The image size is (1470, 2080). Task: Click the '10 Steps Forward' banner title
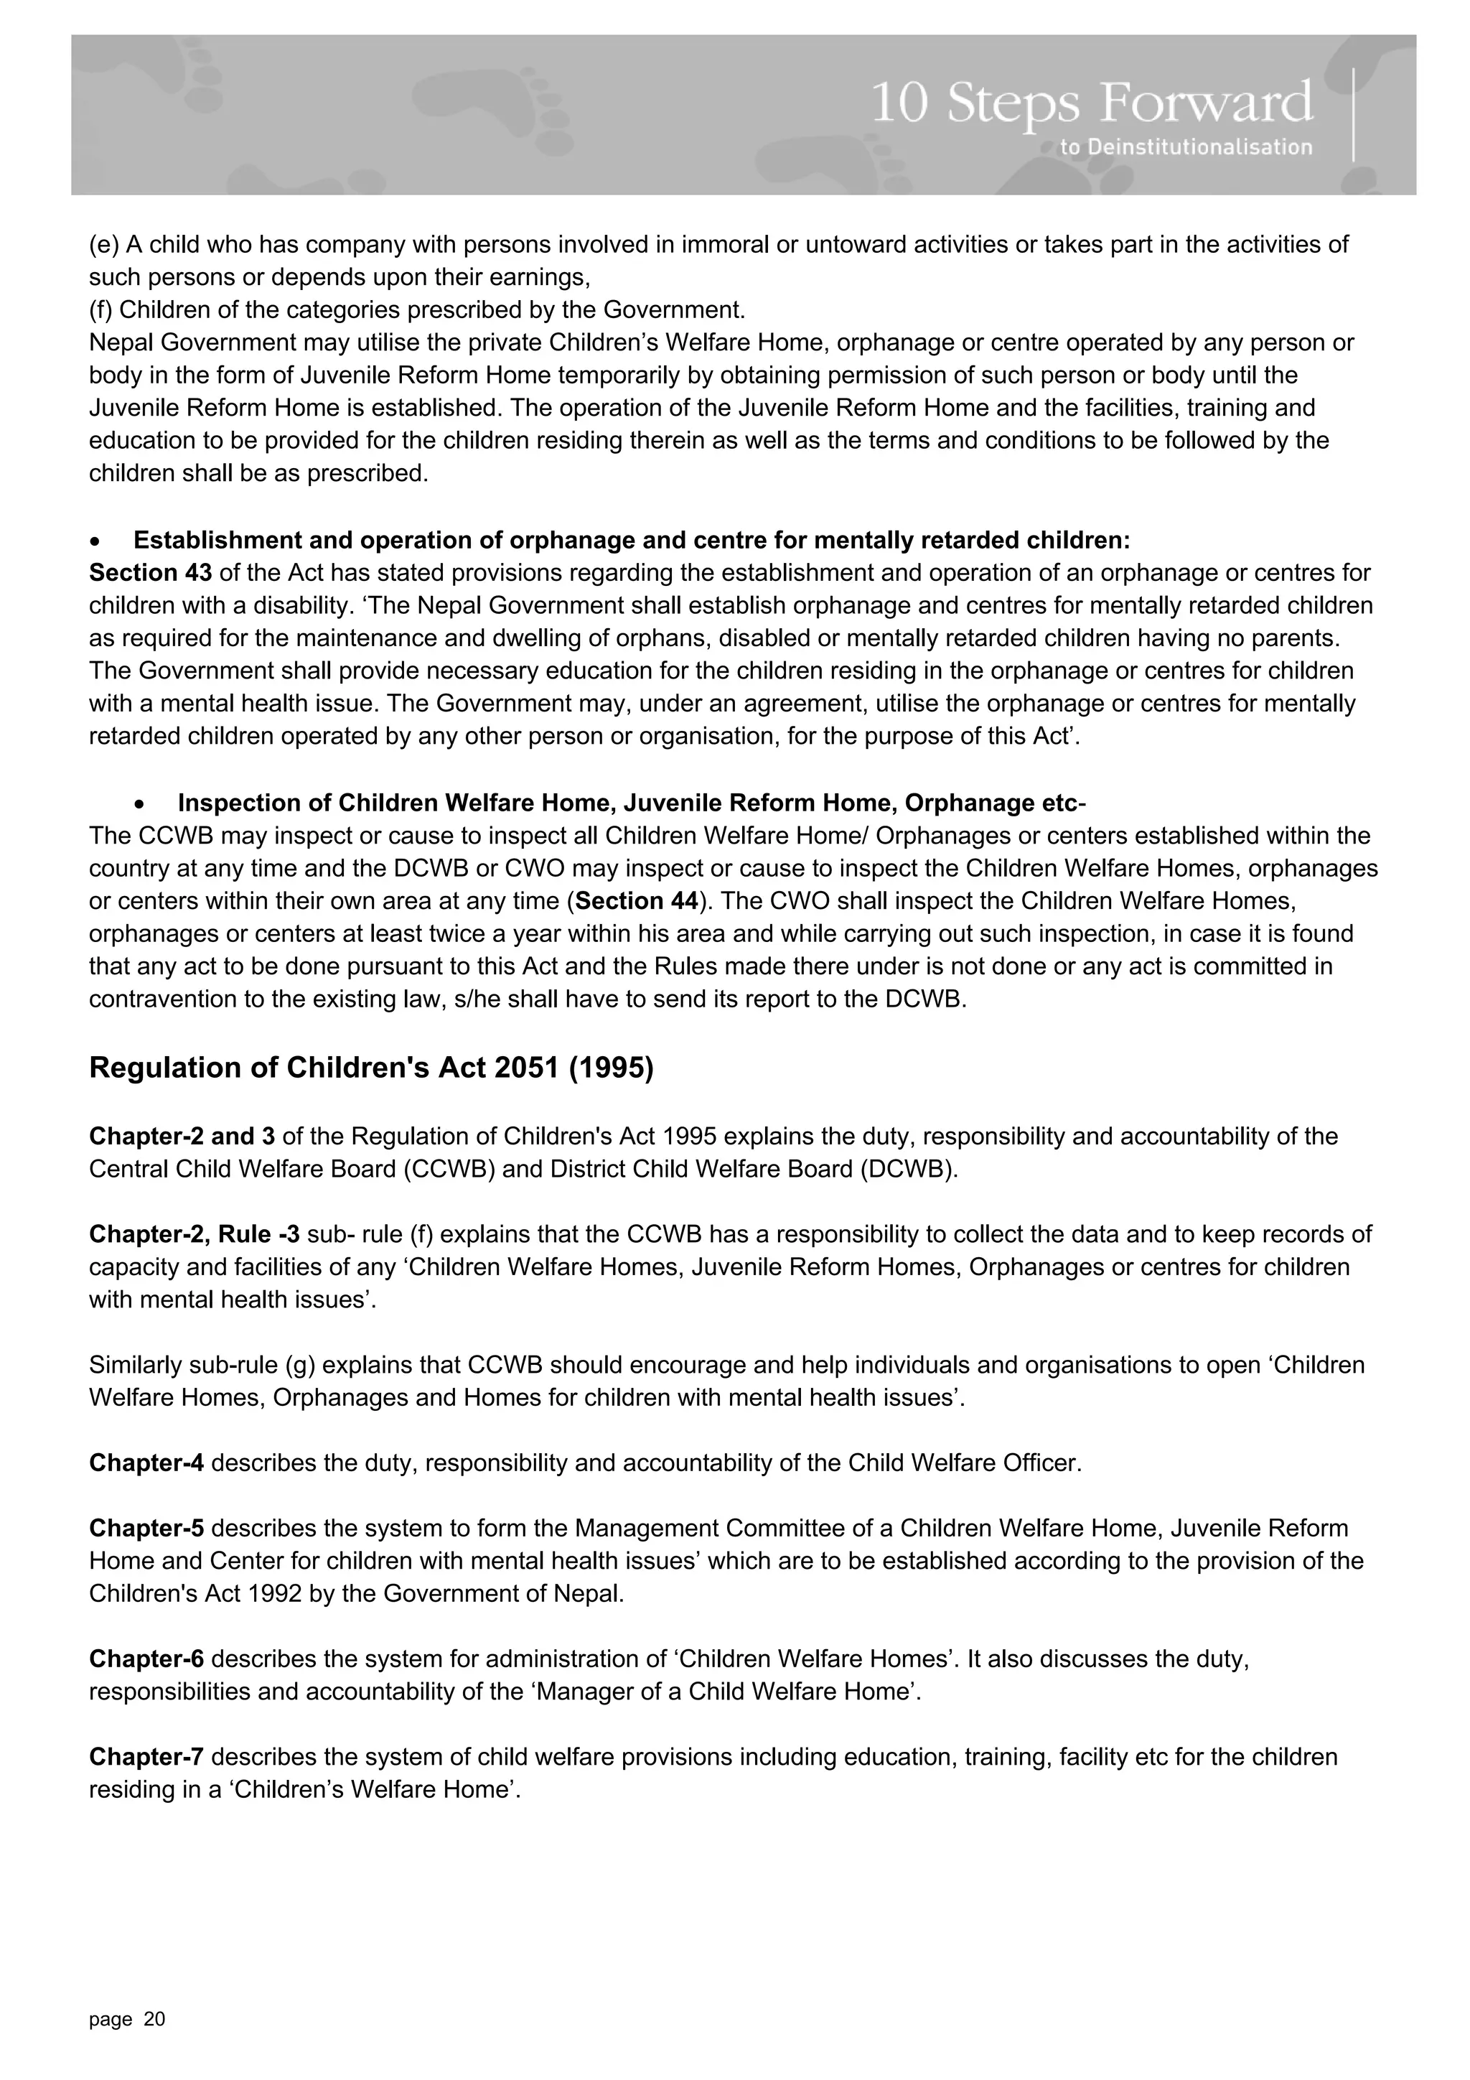click(x=1092, y=104)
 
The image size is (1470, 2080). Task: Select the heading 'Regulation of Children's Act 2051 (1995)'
click(x=371, y=1068)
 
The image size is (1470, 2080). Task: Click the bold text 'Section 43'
click(x=150, y=572)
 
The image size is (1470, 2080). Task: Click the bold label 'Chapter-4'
click(x=146, y=1463)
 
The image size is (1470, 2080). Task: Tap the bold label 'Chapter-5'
click(x=146, y=1529)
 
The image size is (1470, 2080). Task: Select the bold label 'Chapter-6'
click(x=146, y=1659)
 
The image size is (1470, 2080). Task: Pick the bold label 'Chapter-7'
click(x=146, y=1757)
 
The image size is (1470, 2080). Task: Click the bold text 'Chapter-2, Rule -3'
click(x=194, y=1234)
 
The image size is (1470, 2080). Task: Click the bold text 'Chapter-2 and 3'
click(x=182, y=1136)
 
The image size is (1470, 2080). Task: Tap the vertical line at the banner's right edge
click(x=1353, y=115)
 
